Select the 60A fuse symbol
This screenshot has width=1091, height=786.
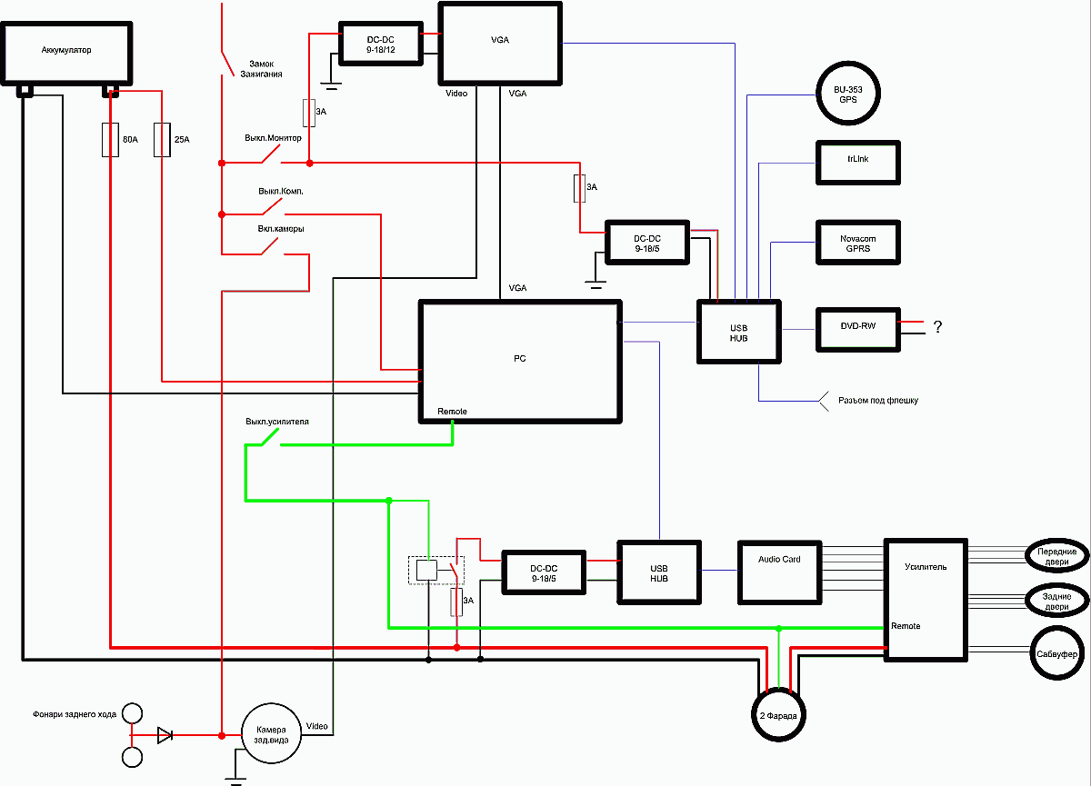(110, 140)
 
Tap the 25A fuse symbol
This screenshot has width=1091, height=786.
(162, 140)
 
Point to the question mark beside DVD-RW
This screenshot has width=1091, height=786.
(937, 326)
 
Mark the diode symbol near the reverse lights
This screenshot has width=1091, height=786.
(165, 735)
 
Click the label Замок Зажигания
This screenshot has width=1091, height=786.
(261, 69)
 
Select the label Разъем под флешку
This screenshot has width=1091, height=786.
(878, 400)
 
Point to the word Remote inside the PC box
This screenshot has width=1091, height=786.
(452, 412)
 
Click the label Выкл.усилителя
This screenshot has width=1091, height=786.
(277, 422)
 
